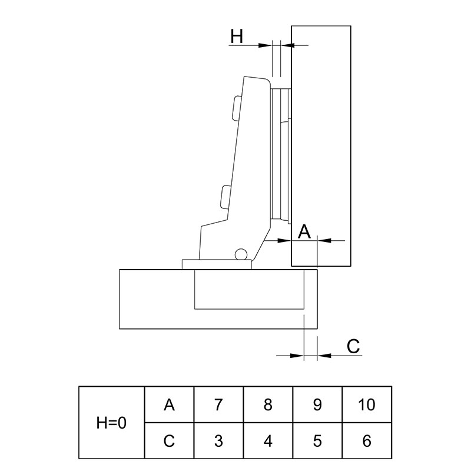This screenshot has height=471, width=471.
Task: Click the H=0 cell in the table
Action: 111,422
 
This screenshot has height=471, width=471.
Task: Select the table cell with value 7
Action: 218,404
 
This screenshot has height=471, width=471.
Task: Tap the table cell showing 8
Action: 268,404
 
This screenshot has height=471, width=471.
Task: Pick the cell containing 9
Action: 317,404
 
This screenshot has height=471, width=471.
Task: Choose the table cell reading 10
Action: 367,404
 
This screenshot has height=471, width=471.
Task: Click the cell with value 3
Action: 218,440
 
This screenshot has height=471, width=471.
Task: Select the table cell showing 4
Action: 268,440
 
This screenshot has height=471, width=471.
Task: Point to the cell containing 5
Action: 317,440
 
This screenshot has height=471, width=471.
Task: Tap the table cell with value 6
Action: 367,440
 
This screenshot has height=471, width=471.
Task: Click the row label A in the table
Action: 169,404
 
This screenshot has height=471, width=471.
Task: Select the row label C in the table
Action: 169,440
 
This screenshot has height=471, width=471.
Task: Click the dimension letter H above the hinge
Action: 237,36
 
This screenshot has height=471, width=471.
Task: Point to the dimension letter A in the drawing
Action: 304,231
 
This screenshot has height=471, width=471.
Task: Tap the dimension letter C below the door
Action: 353,346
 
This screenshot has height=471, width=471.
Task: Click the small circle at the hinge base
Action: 241,254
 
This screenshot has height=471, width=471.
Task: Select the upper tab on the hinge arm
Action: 237,108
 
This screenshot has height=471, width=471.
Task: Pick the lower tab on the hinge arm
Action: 226,197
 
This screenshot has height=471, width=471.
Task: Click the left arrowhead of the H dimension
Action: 266,45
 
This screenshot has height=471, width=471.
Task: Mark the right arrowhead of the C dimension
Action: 324,356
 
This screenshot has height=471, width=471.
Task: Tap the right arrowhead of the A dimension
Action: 324,241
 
